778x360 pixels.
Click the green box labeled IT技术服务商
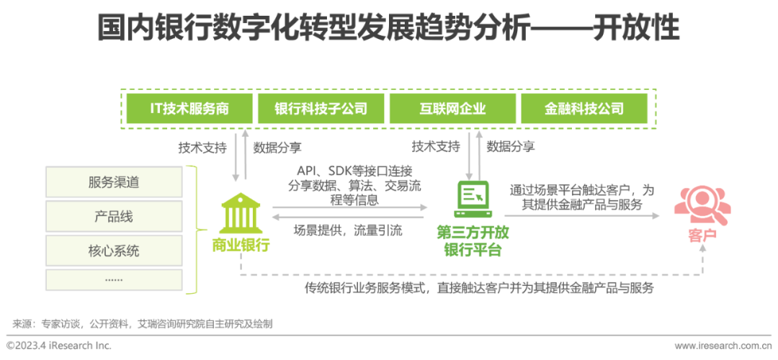pyautogui.click(x=189, y=108)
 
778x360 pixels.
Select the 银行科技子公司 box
pyautogui.click(x=321, y=108)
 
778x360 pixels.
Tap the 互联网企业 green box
pyautogui.click(x=452, y=108)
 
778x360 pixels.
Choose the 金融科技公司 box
pyautogui.click(x=583, y=108)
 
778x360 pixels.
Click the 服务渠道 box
pyautogui.click(x=114, y=182)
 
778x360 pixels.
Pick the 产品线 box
pyautogui.click(x=114, y=217)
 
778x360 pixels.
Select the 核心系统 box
pyautogui.click(x=114, y=251)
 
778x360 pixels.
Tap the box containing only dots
pyautogui.click(x=114, y=279)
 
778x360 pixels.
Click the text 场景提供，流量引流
pyautogui.click(x=347, y=230)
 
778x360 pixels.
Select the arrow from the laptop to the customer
pyautogui.click(x=582, y=216)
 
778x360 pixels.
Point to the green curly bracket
pyautogui.click(x=197, y=230)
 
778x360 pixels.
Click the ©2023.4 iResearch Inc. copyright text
pyautogui.click(x=59, y=345)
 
